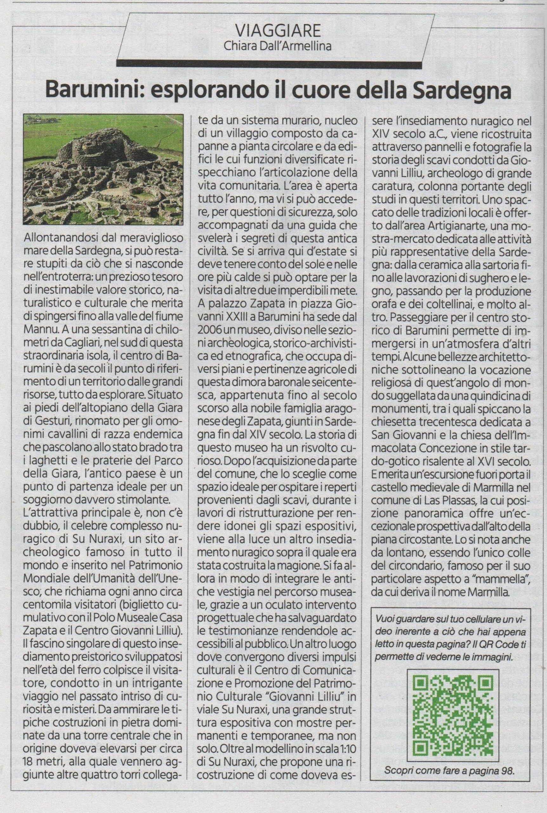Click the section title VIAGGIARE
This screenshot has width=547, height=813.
[x=278, y=31]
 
